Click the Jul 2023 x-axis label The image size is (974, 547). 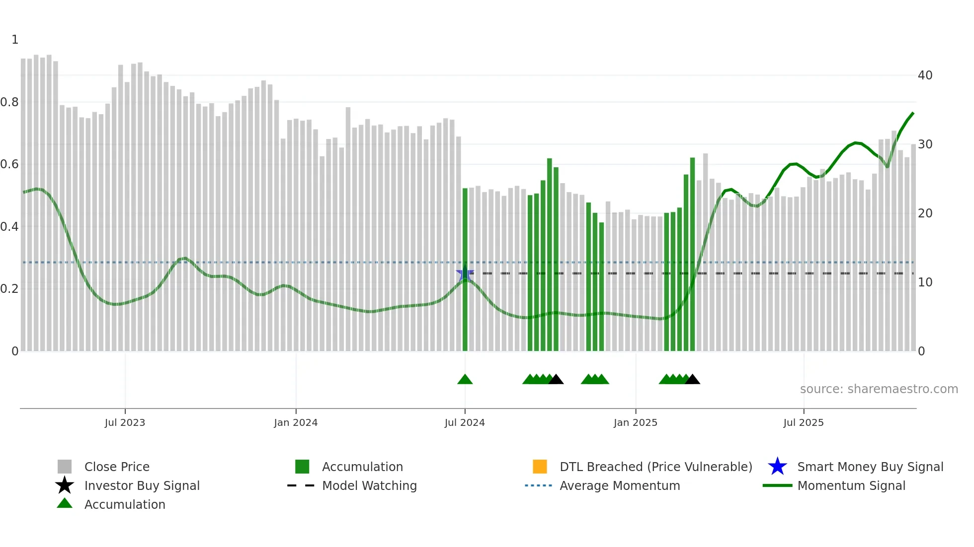point(125,422)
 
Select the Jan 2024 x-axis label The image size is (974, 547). point(296,422)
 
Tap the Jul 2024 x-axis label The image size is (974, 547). point(465,422)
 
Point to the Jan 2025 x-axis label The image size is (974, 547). point(635,422)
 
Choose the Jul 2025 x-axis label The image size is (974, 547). point(804,422)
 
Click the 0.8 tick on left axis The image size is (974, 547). point(9,102)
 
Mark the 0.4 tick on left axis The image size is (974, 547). point(9,227)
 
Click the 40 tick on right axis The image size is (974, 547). point(925,75)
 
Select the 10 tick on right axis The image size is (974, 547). point(925,282)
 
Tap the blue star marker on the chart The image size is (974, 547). point(465,273)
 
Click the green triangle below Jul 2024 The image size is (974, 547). point(465,380)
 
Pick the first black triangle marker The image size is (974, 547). point(556,380)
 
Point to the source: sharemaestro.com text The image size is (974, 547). point(879,389)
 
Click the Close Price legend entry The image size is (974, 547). point(117,467)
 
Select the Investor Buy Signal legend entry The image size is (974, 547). point(142,485)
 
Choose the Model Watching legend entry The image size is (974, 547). point(369,485)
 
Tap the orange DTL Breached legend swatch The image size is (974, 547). point(540,467)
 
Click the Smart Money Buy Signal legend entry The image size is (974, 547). point(870,467)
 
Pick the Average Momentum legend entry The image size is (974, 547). point(619,485)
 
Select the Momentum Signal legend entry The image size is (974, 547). point(851,485)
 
